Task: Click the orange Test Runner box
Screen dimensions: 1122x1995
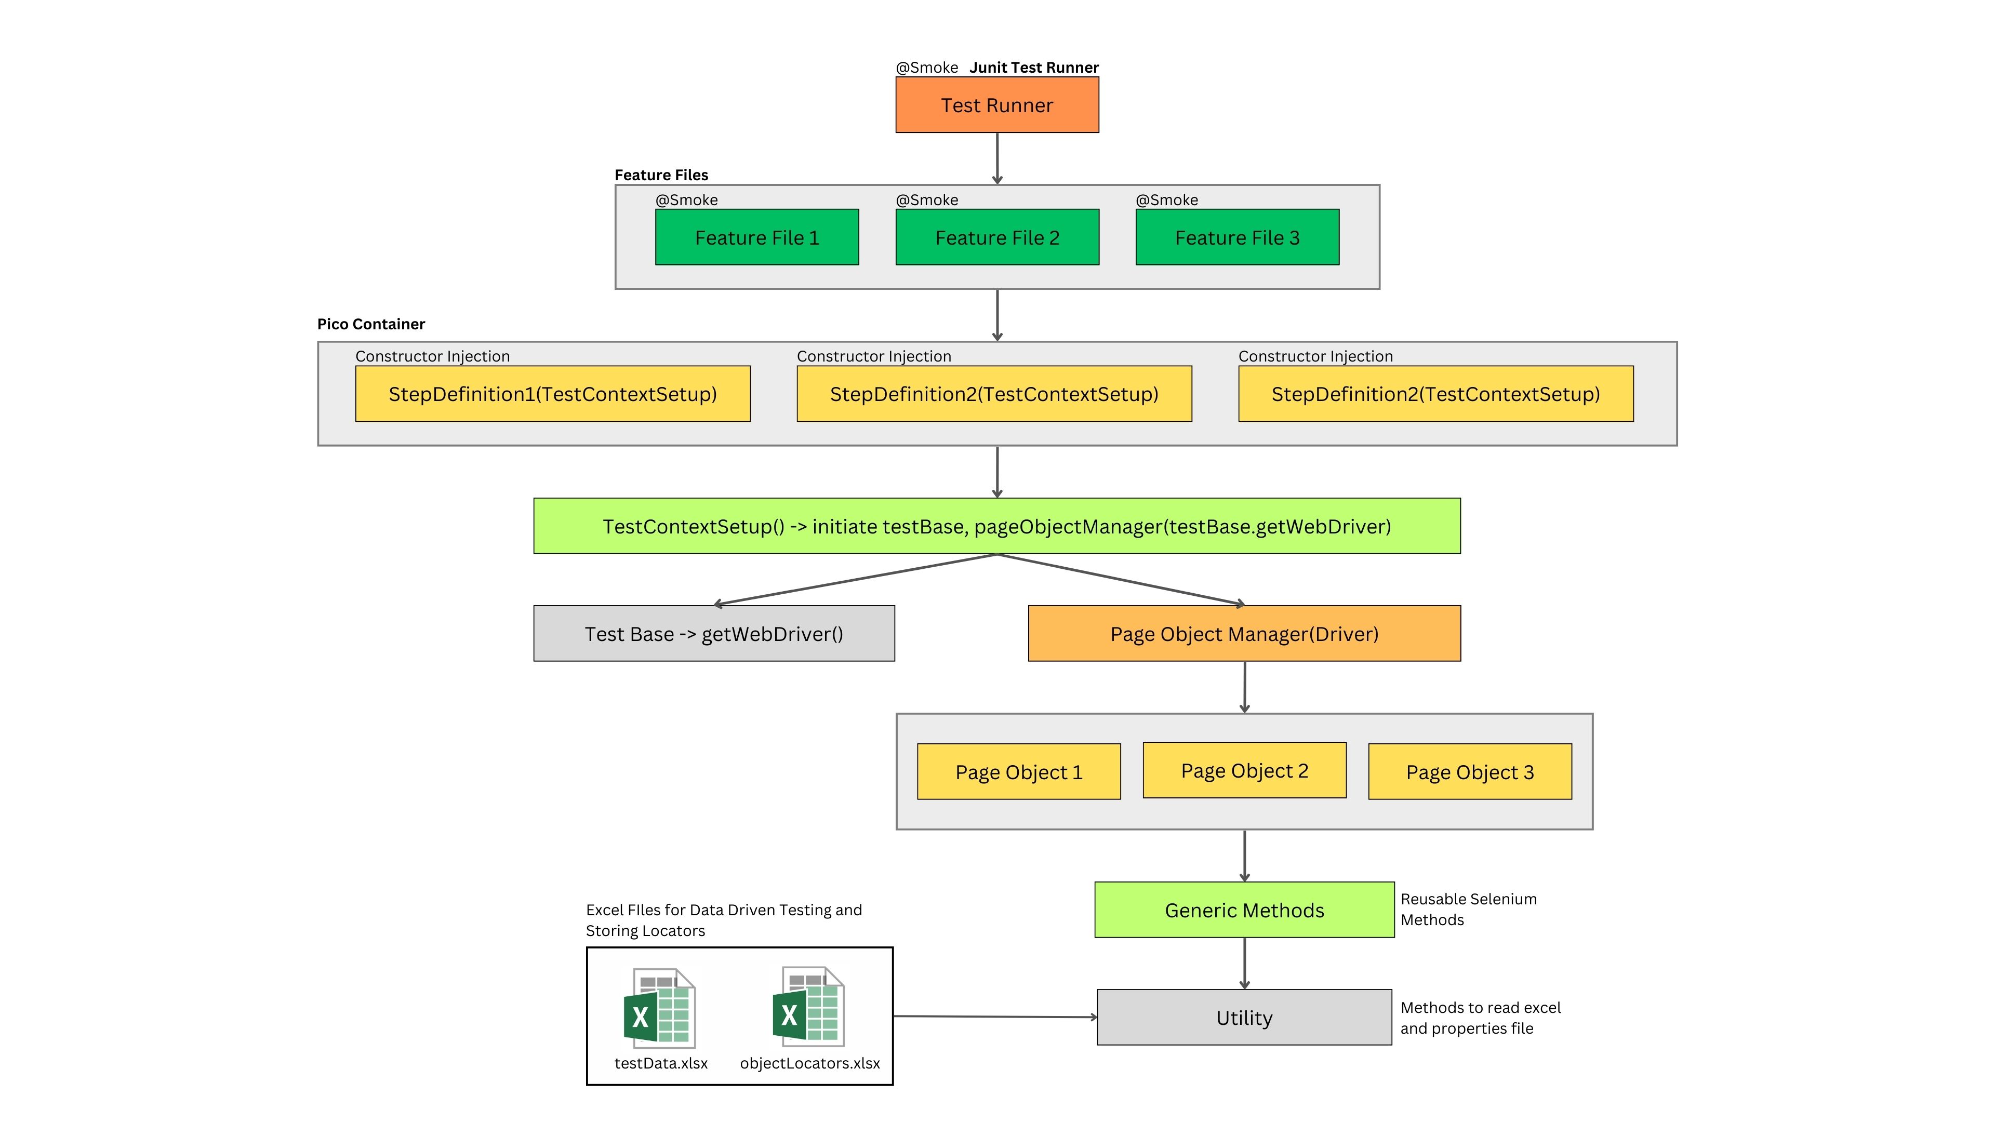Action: coord(997,105)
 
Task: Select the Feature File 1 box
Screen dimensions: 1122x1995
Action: coord(756,238)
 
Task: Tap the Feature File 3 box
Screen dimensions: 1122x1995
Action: coord(1237,238)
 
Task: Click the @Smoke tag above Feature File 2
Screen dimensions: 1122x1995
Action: coord(927,200)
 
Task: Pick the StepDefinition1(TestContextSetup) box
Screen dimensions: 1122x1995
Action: coord(552,394)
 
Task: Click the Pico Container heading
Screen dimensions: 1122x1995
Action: coord(371,324)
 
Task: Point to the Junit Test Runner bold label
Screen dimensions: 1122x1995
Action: coord(1034,68)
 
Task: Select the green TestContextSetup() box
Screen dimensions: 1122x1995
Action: coord(997,527)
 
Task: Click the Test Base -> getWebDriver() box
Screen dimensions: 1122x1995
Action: coord(713,634)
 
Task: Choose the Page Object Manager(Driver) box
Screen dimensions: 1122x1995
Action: coord(1244,634)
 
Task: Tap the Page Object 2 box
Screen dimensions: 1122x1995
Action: coord(1244,770)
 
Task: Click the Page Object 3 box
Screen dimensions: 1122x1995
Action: coord(1469,772)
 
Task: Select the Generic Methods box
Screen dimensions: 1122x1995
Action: coord(1244,911)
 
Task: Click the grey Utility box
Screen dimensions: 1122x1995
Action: coord(1244,1018)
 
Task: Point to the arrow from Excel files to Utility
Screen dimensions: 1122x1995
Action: coord(995,1017)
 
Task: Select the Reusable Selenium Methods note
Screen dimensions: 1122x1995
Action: coord(1468,909)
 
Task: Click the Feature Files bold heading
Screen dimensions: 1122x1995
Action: coord(661,175)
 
